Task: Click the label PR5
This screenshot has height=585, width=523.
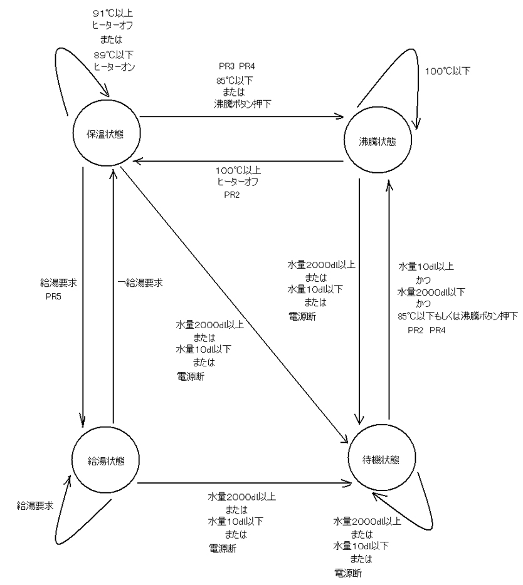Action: tap(53, 297)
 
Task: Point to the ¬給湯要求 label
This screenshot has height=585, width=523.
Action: tap(140, 283)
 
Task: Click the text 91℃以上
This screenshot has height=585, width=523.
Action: tap(113, 13)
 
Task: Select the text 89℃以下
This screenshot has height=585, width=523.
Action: tap(114, 55)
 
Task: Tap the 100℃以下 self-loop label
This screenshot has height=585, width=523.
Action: tap(448, 71)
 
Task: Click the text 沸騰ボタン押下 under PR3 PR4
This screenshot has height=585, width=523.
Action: tap(243, 103)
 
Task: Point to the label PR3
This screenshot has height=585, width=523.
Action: tap(226, 66)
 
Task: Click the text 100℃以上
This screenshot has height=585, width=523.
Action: tap(238, 170)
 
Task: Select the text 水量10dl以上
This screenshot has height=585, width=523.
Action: tap(426, 266)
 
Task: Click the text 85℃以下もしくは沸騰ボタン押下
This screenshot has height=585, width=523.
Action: tap(458, 316)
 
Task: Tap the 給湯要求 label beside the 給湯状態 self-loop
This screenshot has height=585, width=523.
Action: tap(35, 505)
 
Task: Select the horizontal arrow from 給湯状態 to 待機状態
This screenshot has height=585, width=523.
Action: tap(245, 484)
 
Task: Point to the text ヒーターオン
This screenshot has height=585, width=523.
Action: tap(114, 67)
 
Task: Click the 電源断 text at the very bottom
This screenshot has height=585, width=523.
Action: tap(348, 572)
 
